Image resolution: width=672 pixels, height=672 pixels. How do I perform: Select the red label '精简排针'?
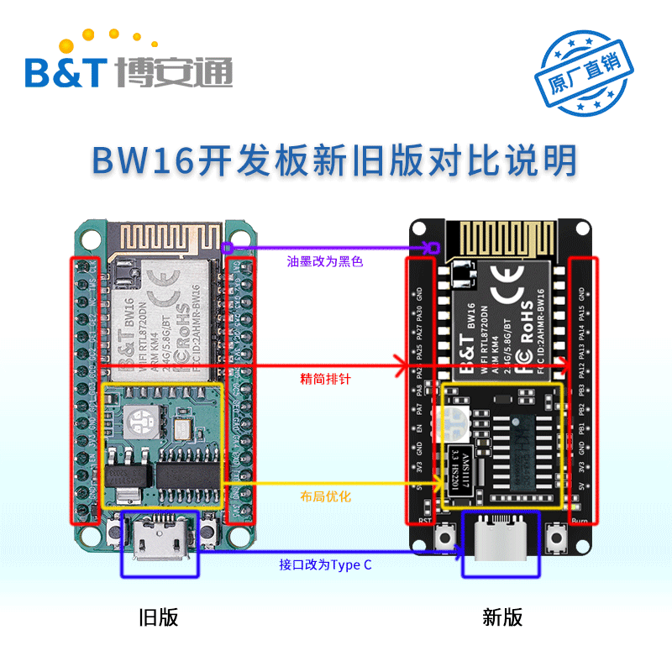[325, 380]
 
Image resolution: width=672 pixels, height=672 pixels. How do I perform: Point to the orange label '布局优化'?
[325, 497]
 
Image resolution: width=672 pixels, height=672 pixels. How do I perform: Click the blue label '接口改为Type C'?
[325, 565]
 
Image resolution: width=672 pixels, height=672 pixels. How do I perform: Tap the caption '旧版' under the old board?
[158, 618]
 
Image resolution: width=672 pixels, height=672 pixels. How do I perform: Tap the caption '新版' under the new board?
[502, 618]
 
